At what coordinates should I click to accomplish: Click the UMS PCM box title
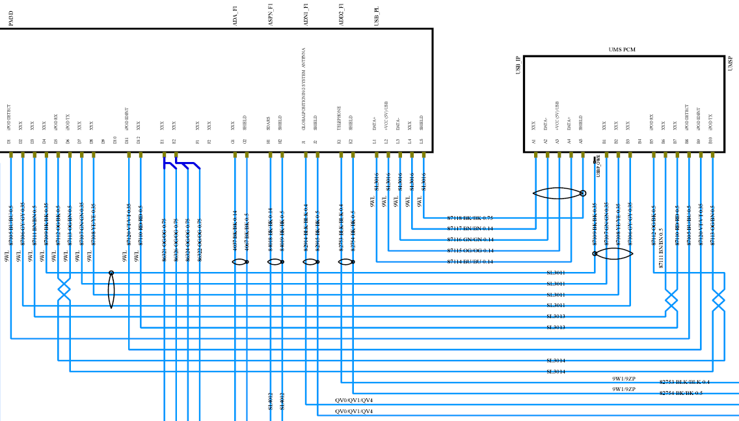[622, 49]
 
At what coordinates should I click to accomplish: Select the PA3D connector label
[11, 19]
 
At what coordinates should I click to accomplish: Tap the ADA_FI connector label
[235, 15]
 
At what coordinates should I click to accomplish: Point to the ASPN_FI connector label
[271, 15]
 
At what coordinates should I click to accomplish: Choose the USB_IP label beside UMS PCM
[518, 65]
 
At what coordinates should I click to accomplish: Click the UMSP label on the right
[731, 63]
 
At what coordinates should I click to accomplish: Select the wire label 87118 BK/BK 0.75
[470, 218]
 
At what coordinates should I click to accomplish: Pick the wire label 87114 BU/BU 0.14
[470, 262]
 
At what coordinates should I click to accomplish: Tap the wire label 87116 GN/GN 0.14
[470, 240]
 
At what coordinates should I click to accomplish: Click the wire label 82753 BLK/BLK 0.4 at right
[684, 382]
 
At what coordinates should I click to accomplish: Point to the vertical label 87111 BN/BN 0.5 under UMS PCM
[662, 248]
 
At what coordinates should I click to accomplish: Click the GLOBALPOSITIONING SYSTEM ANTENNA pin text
[304, 89]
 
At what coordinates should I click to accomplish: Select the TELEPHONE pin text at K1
[339, 118]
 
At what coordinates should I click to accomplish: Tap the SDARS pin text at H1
[269, 124]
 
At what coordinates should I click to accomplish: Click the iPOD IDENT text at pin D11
[127, 120]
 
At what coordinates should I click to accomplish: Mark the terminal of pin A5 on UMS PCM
[583, 155]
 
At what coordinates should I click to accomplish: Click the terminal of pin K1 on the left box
[341, 155]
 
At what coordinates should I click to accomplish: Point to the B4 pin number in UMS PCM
[640, 141]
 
